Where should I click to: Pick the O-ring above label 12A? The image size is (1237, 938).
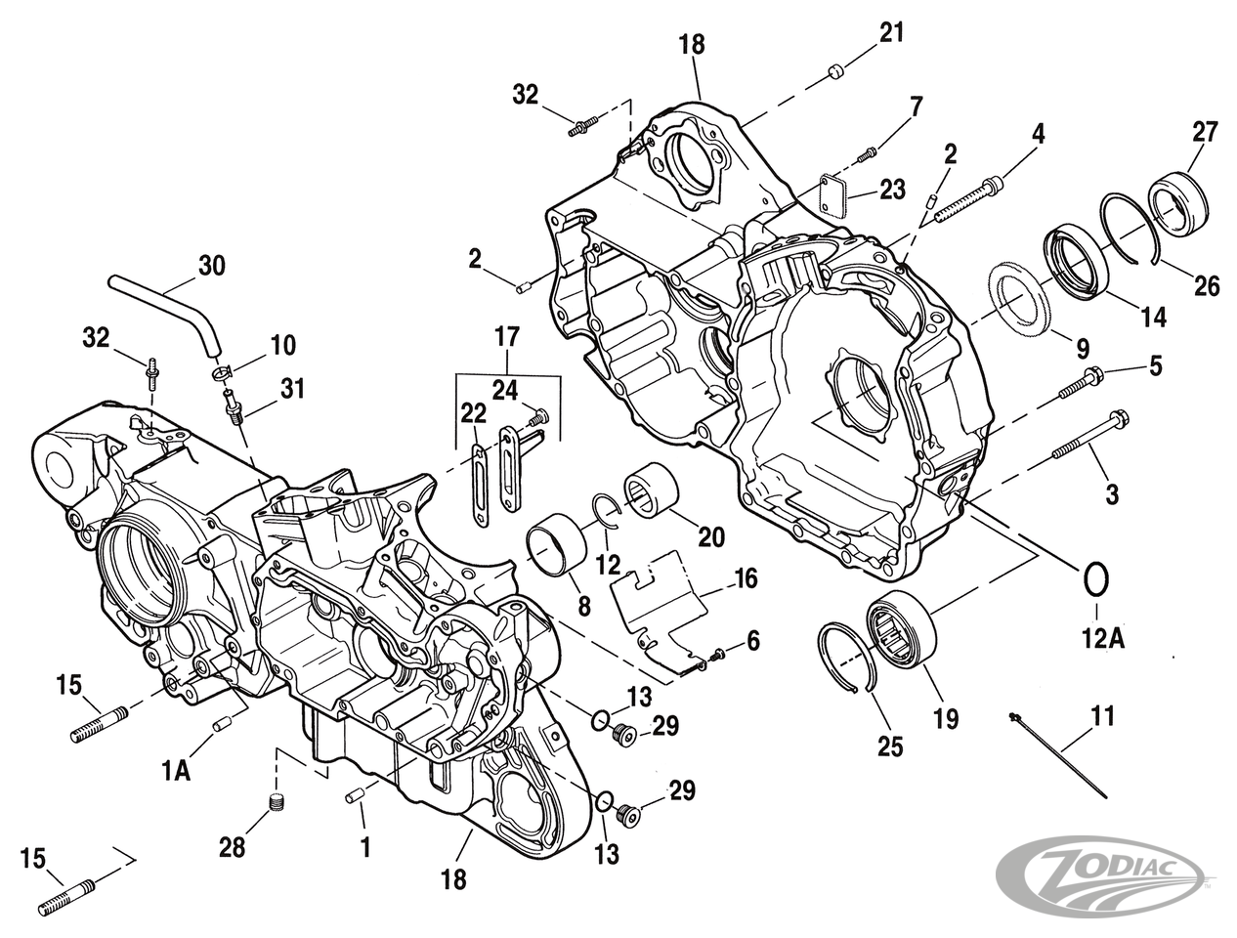1094,578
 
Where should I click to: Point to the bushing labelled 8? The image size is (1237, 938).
558,543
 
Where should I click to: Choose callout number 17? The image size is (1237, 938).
506,338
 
